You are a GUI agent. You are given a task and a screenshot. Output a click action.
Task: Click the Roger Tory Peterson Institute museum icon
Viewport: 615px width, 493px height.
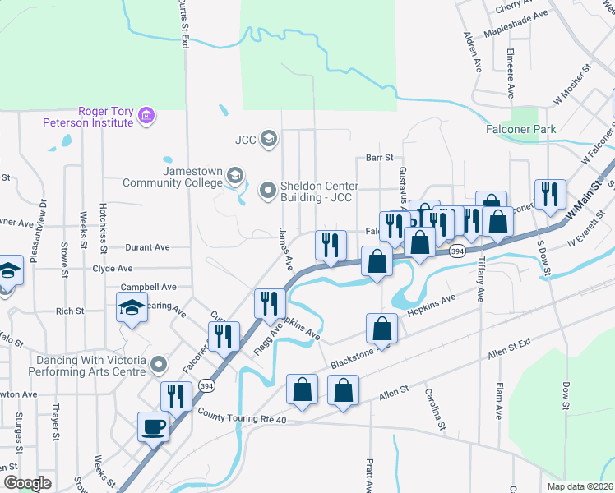[146, 116]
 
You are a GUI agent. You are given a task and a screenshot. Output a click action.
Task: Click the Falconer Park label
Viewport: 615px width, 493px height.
[520, 129]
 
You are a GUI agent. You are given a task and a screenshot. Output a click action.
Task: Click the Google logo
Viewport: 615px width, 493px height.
[27, 482]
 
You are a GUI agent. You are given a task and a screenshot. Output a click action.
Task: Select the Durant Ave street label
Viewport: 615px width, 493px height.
[147, 246]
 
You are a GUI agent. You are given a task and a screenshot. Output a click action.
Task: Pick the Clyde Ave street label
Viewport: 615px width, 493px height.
[113, 269]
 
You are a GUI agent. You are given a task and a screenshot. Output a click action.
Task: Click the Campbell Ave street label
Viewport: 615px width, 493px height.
[149, 288]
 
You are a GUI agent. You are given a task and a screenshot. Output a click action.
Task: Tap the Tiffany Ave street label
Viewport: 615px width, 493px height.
[480, 284]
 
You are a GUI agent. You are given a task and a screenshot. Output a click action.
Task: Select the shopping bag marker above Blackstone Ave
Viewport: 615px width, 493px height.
[383, 328]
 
